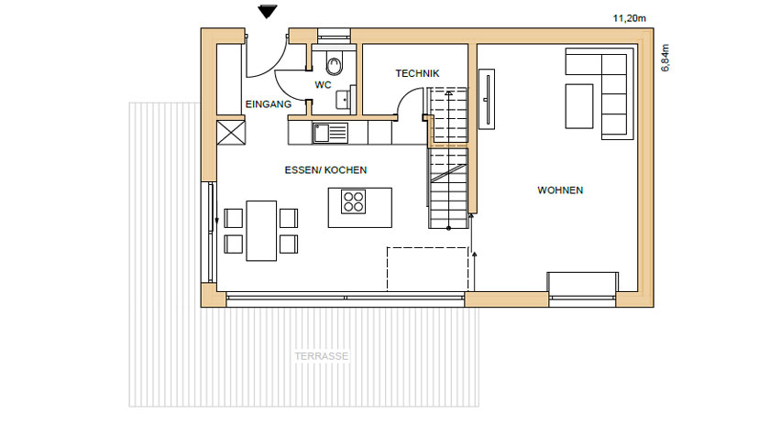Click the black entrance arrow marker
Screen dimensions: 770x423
pyautogui.click(x=268, y=11)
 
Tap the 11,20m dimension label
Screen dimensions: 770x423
pyautogui.click(x=629, y=18)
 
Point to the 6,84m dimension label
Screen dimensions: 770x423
pyautogui.click(x=665, y=58)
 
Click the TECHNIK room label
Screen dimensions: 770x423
pyautogui.click(x=417, y=73)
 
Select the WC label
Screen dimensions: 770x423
pyautogui.click(x=323, y=85)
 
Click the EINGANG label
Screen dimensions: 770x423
pyautogui.click(x=268, y=104)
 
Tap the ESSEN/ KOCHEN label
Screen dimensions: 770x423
pyautogui.click(x=325, y=170)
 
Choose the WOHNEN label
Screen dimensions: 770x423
pyautogui.click(x=560, y=190)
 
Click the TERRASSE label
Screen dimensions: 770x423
pyautogui.click(x=322, y=356)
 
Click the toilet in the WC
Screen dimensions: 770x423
pyautogui.click(x=335, y=62)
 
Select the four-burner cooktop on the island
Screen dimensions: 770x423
pyautogui.click(x=354, y=201)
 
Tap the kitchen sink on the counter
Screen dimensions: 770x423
pyautogui.click(x=330, y=133)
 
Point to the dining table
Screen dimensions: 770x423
pyautogui.click(x=261, y=231)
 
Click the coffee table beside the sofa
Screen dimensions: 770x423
pyautogui.click(x=579, y=106)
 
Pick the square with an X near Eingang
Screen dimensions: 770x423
pyautogui.click(x=231, y=133)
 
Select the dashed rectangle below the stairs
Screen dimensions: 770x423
pyautogui.click(x=427, y=269)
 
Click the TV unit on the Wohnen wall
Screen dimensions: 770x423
pyautogui.click(x=487, y=100)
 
